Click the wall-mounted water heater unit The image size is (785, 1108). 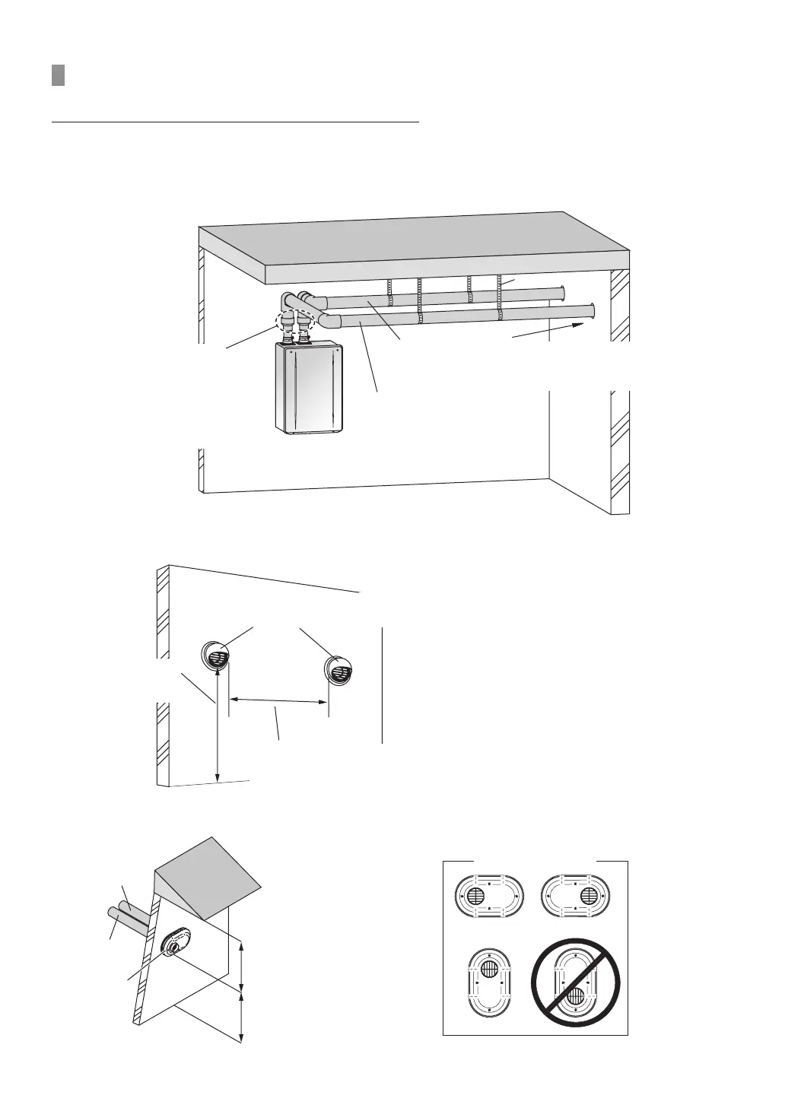[308, 389]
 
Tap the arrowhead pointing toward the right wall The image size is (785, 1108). [578, 325]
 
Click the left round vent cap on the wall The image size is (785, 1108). [214, 655]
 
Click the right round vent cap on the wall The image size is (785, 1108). [339, 668]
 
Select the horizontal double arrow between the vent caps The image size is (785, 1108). [279, 700]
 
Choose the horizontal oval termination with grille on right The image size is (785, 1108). [575, 896]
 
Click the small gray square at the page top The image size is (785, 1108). [58, 75]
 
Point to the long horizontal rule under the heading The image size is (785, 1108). [235, 121]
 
